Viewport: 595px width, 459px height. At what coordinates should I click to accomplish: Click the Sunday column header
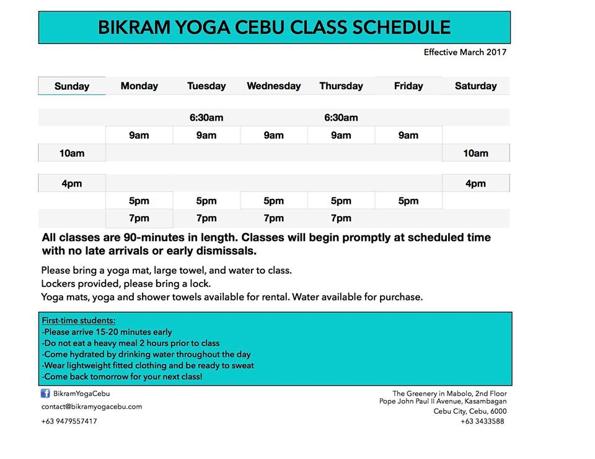click(72, 86)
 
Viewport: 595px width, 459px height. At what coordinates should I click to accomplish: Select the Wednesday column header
click(273, 86)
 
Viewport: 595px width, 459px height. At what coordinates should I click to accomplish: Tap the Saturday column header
click(475, 86)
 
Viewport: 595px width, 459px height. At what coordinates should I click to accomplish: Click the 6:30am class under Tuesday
click(206, 118)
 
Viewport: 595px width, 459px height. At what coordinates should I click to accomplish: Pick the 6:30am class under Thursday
click(341, 118)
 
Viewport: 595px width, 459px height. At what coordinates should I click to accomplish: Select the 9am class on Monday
click(139, 136)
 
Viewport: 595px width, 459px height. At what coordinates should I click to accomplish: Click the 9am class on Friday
click(408, 136)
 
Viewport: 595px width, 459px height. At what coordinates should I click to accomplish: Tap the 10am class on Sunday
click(72, 153)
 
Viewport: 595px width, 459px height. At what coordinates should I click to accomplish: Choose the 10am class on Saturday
click(475, 153)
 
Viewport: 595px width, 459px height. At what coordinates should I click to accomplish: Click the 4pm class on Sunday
click(72, 183)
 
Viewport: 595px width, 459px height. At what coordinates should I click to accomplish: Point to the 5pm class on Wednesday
click(273, 201)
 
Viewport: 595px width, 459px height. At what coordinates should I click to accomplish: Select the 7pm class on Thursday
click(341, 218)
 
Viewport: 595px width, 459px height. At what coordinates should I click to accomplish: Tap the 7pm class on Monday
click(139, 218)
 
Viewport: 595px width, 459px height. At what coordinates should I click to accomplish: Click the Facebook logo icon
click(45, 393)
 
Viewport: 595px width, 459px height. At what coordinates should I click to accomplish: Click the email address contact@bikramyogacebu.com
click(92, 406)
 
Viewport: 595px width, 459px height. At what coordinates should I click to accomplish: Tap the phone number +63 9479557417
click(69, 421)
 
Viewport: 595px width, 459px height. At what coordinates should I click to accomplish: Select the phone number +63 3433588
click(482, 421)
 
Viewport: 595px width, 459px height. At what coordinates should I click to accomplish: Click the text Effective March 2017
click(465, 53)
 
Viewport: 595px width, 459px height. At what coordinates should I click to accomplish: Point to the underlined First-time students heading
click(79, 320)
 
